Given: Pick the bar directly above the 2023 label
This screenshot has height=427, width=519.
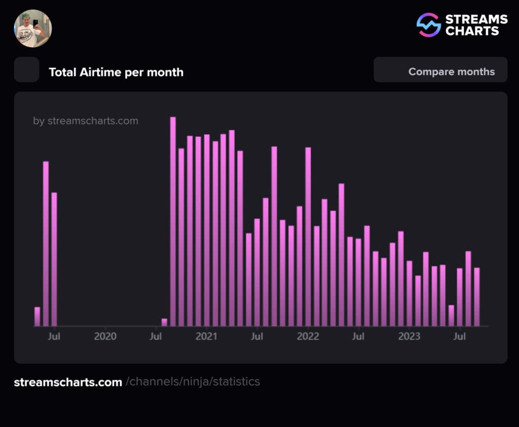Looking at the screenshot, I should tap(409, 293).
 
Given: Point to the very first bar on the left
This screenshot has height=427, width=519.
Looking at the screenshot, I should tap(37, 317).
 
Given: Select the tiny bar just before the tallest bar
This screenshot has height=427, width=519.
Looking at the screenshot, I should tap(164, 322).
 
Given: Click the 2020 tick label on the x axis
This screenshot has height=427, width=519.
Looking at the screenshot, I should tap(105, 336).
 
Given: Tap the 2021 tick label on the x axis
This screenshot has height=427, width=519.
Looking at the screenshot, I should tap(206, 336).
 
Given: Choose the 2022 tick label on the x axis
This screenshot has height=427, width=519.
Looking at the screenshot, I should tap(308, 336).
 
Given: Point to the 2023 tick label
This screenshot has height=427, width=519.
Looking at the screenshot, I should tap(409, 336).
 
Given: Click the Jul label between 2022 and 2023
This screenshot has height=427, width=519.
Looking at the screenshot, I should tap(358, 336).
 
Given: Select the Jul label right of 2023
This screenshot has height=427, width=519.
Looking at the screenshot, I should tap(460, 336).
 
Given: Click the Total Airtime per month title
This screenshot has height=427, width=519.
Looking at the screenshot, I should tap(116, 72).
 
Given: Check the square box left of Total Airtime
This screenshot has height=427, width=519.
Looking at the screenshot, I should tap(26, 70).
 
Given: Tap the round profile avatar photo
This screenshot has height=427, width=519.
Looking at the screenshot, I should tap(33, 28).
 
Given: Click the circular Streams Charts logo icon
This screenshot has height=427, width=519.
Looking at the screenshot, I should tap(428, 25).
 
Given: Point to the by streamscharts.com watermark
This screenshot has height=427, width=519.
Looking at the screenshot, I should tap(86, 121).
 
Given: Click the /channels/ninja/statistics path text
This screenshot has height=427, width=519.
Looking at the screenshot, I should tap(193, 382).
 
